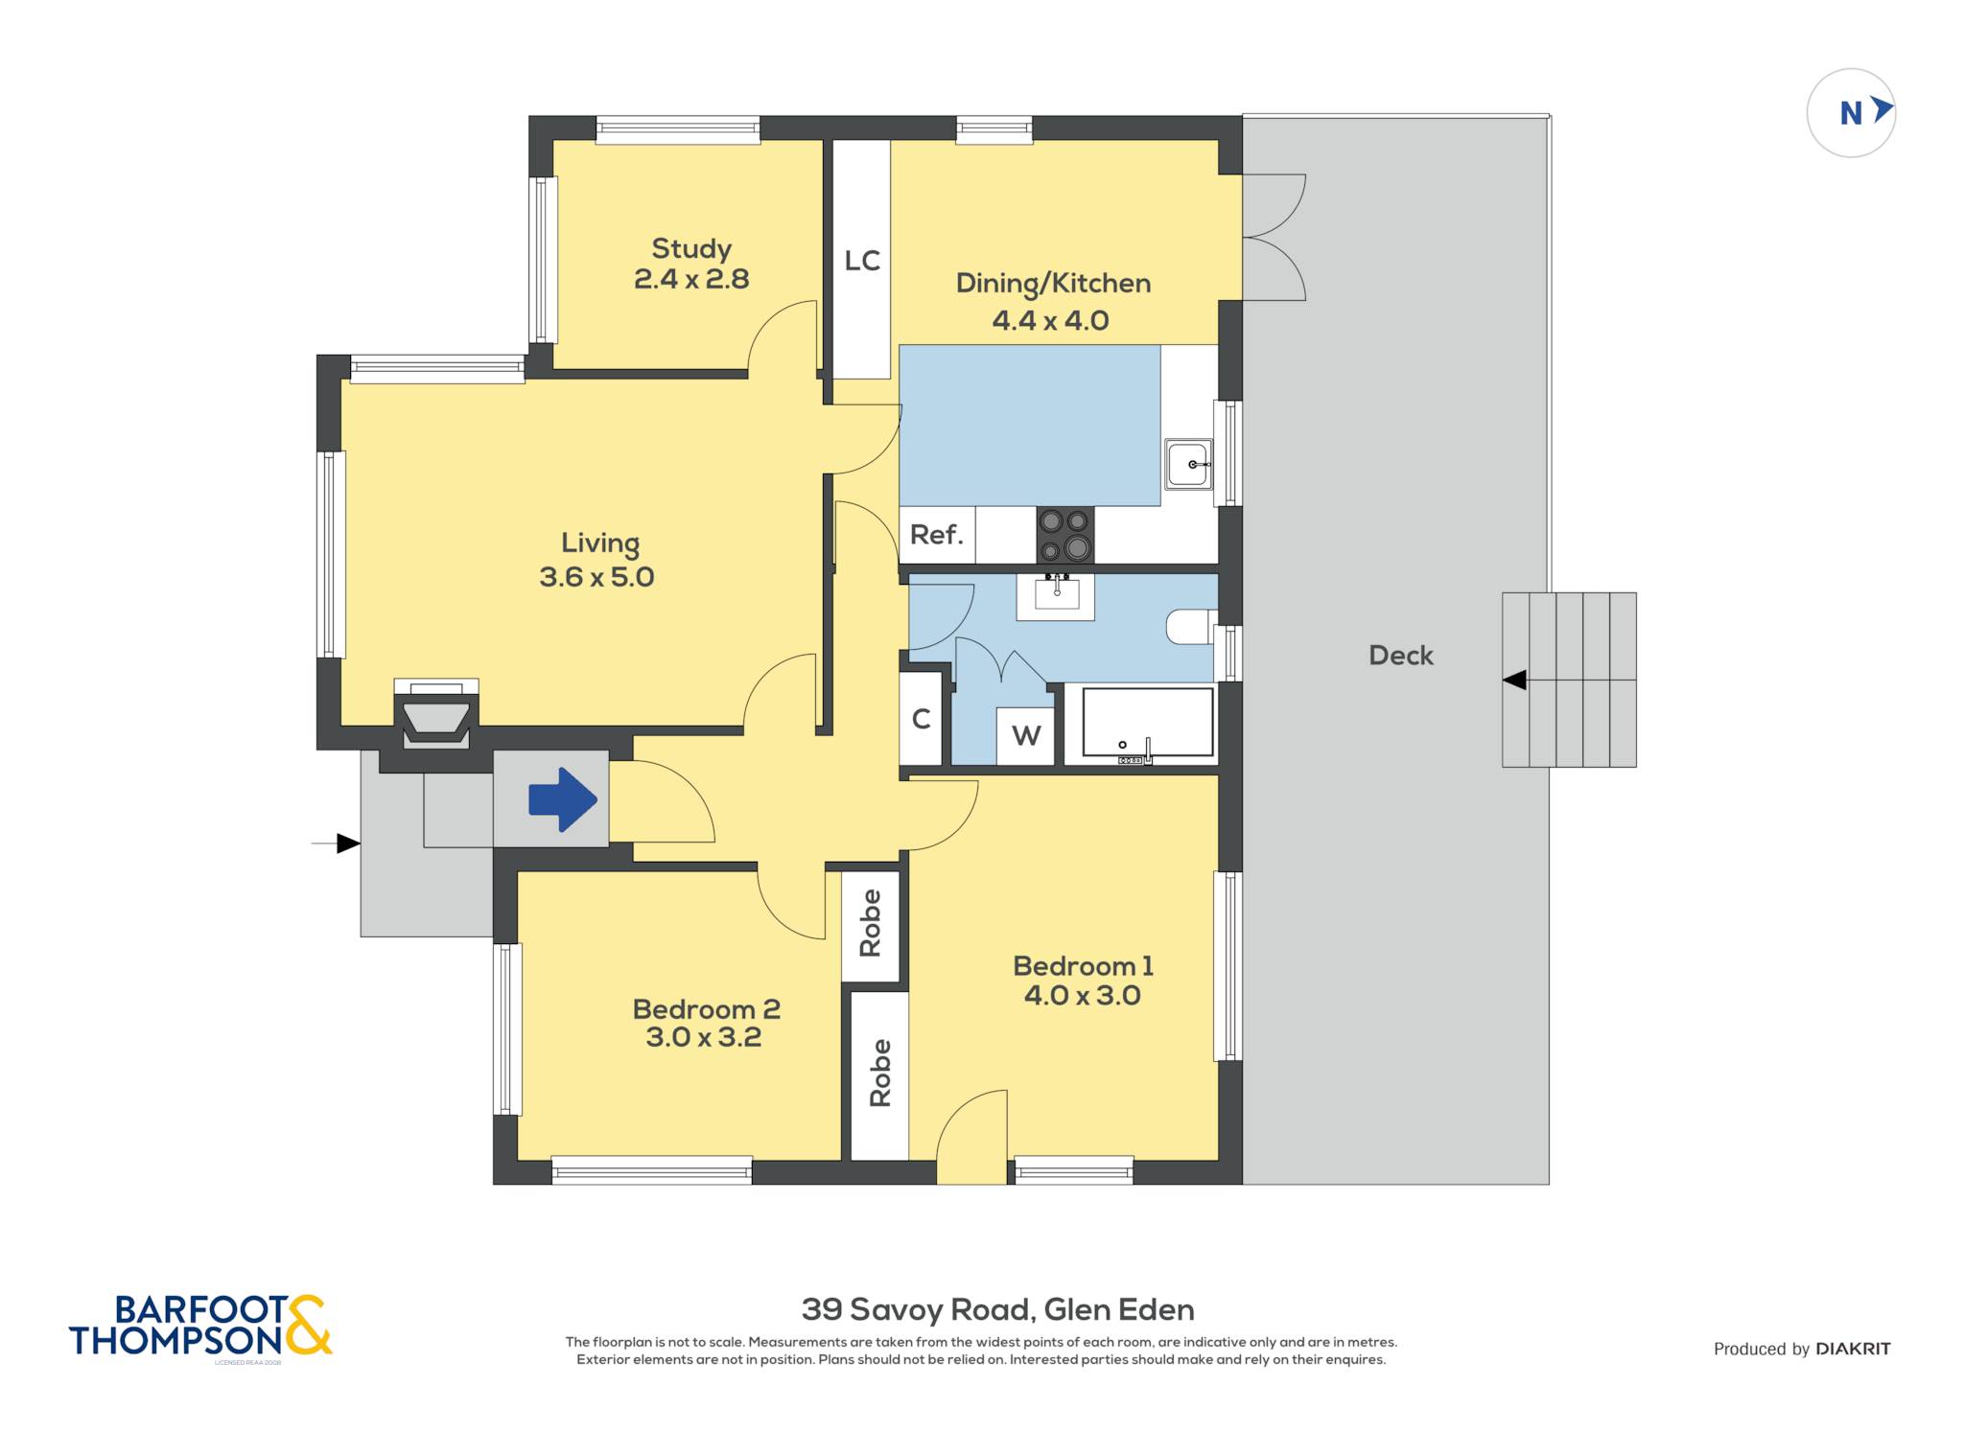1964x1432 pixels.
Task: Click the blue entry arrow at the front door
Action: (x=564, y=799)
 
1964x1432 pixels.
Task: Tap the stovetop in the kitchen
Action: (x=1064, y=535)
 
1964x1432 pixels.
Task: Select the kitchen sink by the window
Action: (x=1189, y=464)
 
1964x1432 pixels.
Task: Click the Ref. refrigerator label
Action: (x=936, y=535)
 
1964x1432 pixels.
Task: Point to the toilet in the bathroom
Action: (x=1191, y=627)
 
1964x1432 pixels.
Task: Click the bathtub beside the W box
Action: (x=1148, y=725)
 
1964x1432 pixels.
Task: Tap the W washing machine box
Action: (x=1026, y=736)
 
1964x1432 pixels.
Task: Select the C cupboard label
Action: (x=922, y=719)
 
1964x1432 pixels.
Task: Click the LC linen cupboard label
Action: (x=862, y=261)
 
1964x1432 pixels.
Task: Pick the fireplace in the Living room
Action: (x=436, y=714)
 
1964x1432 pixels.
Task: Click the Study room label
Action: (x=691, y=249)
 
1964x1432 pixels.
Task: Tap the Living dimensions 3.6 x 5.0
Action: (x=596, y=577)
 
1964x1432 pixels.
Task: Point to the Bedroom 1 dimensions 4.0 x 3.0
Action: (x=1082, y=995)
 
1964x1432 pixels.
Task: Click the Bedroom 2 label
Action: (x=706, y=1009)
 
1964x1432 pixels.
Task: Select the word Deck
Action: (x=1401, y=656)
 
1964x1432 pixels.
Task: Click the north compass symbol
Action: (x=1851, y=113)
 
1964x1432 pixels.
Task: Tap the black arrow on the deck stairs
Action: (x=1514, y=680)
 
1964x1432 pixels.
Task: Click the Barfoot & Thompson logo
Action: (x=200, y=1326)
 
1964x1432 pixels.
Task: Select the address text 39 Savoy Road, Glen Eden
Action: (x=997, y=1309)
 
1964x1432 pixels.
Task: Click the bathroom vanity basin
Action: (x=1056, y=596)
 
